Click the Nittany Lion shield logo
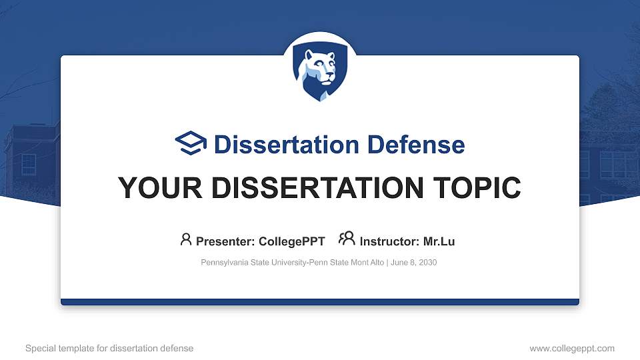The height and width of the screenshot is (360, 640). pyautogui.click(x=320, y=73)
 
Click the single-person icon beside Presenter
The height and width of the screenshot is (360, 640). pyautogui.click(x=186, y=239)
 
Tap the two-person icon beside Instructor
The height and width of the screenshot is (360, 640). pyautogui.click(x=347, y=239)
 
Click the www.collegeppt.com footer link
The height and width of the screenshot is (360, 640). pyautogui.click(x=572, y=348)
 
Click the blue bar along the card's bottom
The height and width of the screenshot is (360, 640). pyautogui.click(x=320, y=302)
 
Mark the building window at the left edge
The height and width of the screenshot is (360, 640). pyautogui.click(x=29, y=163)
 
